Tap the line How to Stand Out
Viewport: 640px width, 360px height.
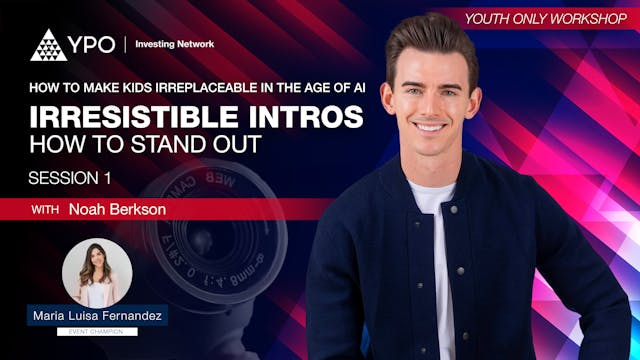pyautogui.click(x=144, y=146)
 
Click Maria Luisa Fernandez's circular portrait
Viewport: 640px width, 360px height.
pyautogui.click(x=93, y=273)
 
